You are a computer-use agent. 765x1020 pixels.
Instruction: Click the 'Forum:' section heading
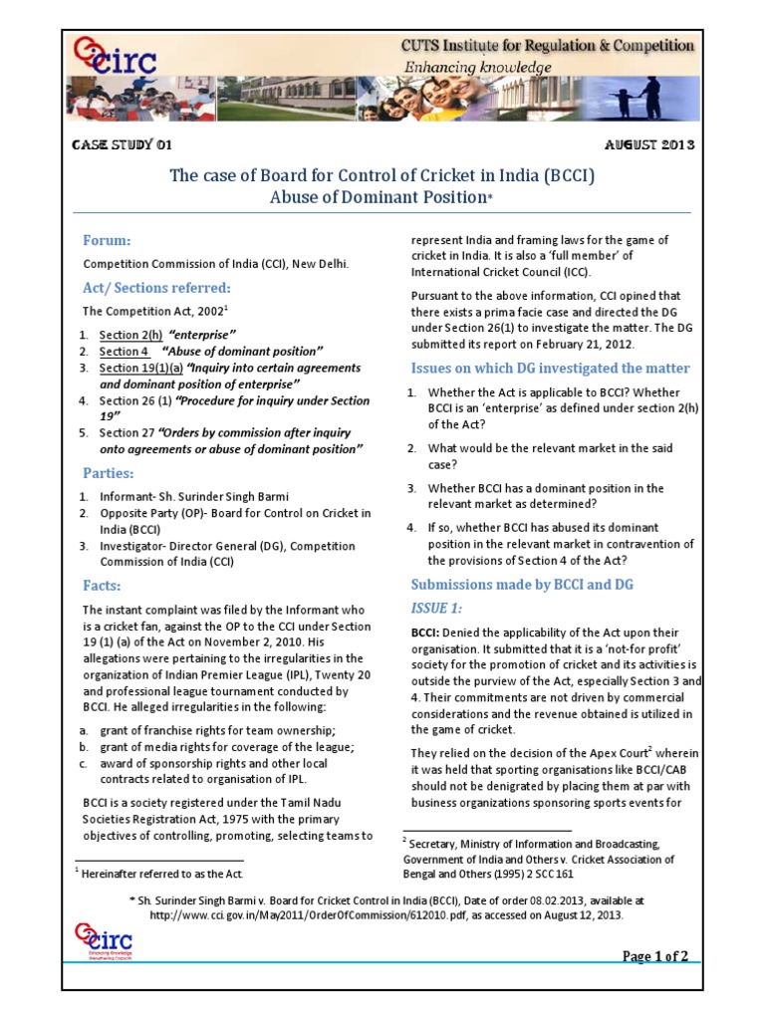pos(107,241)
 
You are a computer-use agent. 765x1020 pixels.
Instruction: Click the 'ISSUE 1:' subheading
pos(436,608)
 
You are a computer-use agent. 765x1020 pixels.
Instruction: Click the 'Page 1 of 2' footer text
pos(655,957)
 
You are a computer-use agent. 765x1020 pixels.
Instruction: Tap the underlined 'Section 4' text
pos(124,351)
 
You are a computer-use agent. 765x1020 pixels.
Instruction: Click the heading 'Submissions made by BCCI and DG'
pos(522,584)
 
